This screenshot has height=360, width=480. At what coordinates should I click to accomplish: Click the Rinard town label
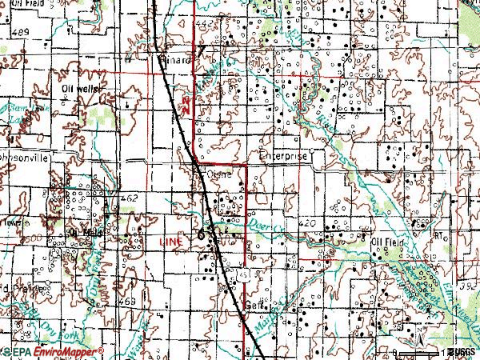click(178, 59)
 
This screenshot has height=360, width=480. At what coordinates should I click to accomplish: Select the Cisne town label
click(218, 171)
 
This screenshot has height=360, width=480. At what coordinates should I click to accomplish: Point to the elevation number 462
click(130, 196)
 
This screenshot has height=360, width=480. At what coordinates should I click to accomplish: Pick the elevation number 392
click(471, 286)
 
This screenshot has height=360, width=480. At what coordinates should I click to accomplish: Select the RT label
click(438, 234)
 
